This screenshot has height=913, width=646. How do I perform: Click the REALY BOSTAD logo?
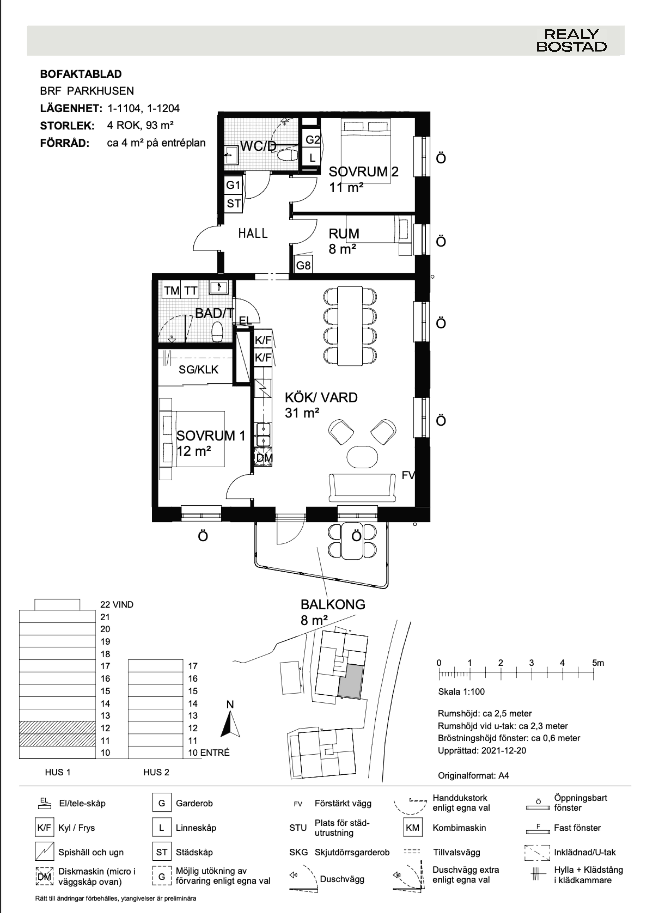[x=572, y=41]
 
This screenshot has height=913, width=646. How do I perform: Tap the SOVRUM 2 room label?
[x=363, y=172]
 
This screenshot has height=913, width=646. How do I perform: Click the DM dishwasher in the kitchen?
[x=263, y=458]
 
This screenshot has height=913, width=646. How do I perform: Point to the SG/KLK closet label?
[x=199, y=370]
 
